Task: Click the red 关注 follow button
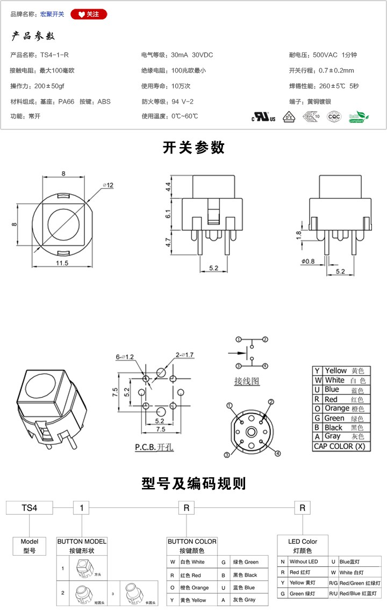(89, 14)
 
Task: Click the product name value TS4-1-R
(54, 55)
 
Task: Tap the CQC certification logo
(334, 117)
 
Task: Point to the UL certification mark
(264, 117)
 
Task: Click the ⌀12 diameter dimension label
(108, 185)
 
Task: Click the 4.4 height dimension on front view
(168, 187)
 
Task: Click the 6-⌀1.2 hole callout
(125, 356)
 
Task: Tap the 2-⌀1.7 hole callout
(185, 355)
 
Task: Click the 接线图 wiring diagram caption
(247, 382)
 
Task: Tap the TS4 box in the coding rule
(29, 507)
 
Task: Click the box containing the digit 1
(81, 507)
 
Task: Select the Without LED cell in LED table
(305, 562)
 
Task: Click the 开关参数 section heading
(193, 148)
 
